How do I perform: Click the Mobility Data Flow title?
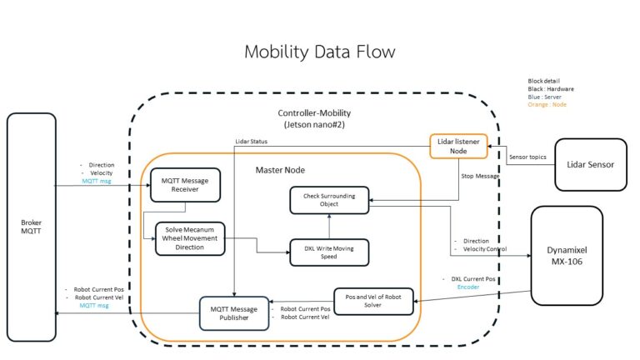(319, 52)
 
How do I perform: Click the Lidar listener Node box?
(458, 146)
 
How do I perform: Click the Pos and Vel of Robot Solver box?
(373, 301)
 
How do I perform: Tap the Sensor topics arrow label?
(527, 156)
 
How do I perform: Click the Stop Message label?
(480, 177)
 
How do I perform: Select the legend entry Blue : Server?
(546, 97)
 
